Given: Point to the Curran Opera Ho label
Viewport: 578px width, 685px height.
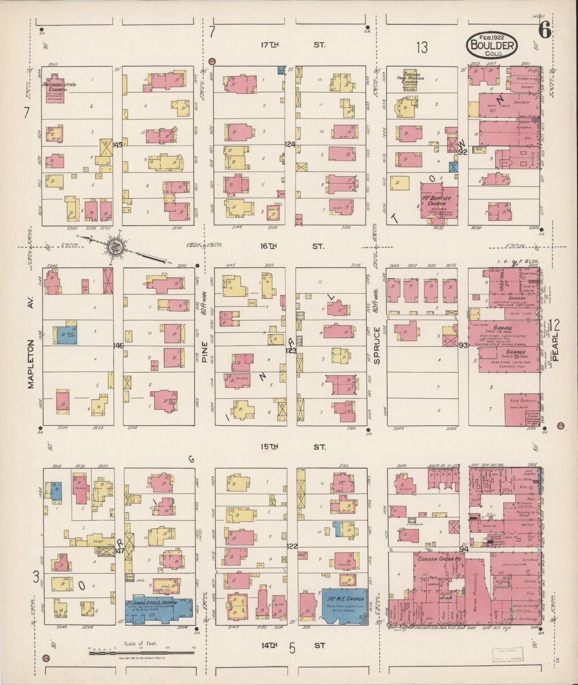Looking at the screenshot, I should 439,559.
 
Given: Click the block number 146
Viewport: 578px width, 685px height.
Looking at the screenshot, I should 118,345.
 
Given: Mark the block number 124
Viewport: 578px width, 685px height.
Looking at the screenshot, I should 290,144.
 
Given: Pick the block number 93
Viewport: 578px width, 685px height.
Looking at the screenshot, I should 463,345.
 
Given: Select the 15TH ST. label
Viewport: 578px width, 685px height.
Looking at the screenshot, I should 292,447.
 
